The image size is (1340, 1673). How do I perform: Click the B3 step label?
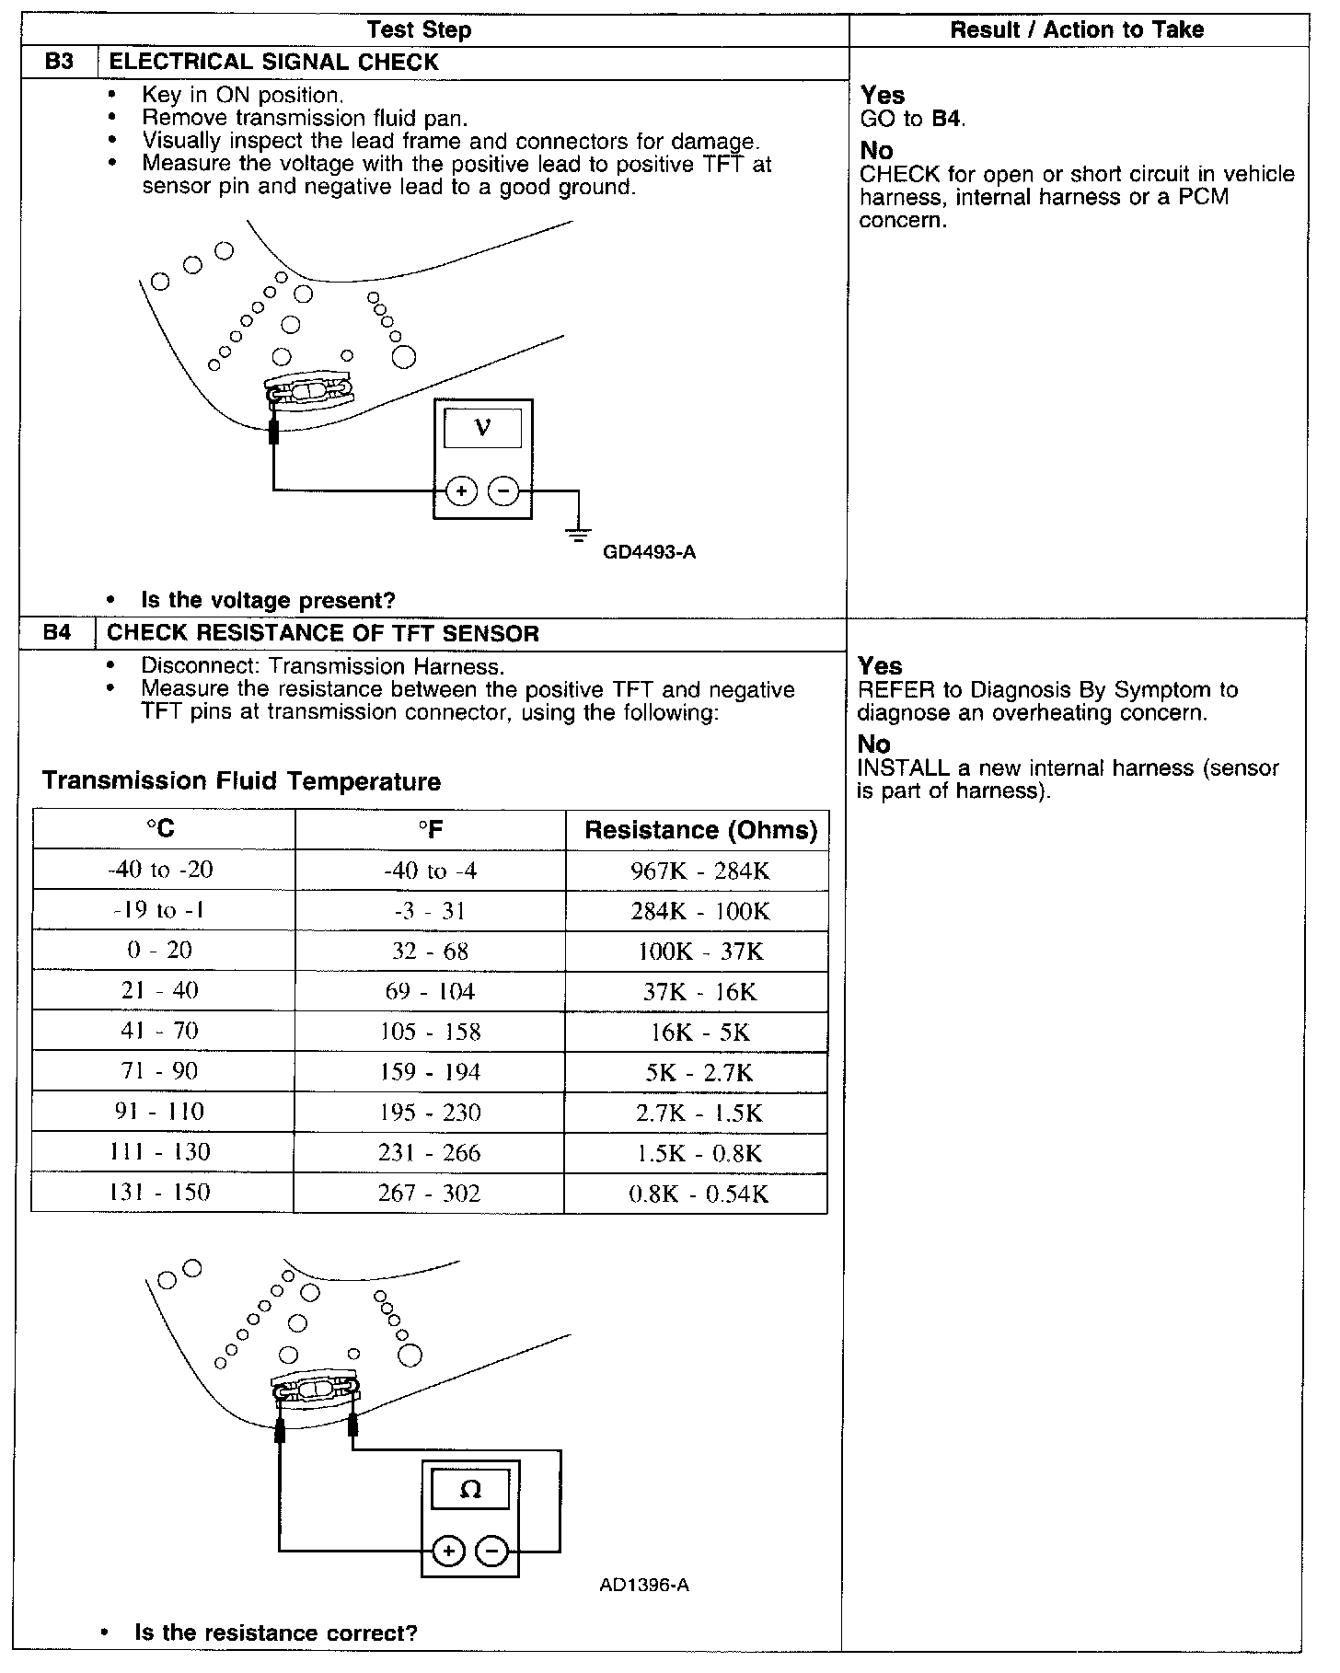(58, 63)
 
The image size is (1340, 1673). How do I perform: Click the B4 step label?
(57, 633)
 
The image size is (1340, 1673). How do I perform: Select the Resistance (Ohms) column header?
(700, 830)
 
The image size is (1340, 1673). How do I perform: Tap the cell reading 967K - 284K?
(699, 871)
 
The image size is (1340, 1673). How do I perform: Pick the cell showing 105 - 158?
(430, 1032)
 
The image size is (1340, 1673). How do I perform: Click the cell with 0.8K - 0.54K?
(698, 1194)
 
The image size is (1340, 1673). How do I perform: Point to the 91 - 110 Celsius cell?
(161, 1112)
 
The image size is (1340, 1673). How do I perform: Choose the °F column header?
(430, 830)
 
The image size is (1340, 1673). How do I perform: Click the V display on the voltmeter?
(482, 428)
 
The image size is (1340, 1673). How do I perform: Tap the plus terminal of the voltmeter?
(461, 492)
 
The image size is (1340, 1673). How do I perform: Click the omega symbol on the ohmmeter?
(469, 1489)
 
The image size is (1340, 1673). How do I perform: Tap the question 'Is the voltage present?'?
(268, 601)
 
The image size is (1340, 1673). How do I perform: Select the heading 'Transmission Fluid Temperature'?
(242, 781)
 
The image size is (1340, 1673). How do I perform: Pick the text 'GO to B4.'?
(912, 119)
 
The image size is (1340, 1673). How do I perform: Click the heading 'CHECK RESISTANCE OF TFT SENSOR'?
(323, 633)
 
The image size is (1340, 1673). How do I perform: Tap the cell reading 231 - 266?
(430, 1153)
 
